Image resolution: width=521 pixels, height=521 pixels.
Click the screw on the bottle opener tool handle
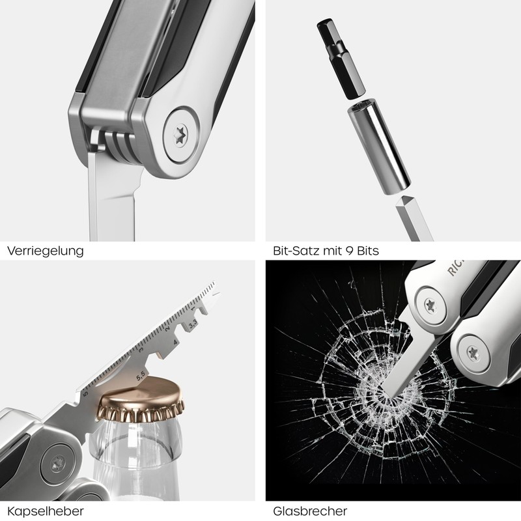55,464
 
